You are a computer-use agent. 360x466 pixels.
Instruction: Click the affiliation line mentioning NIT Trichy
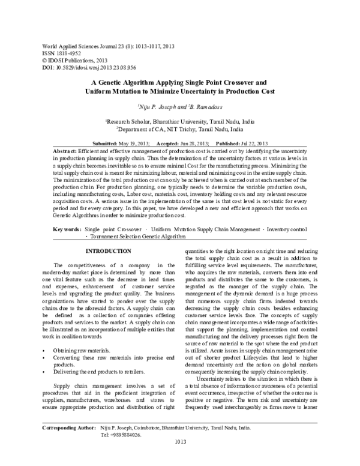(181, 129)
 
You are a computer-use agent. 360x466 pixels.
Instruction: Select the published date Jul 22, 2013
(248, 144)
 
